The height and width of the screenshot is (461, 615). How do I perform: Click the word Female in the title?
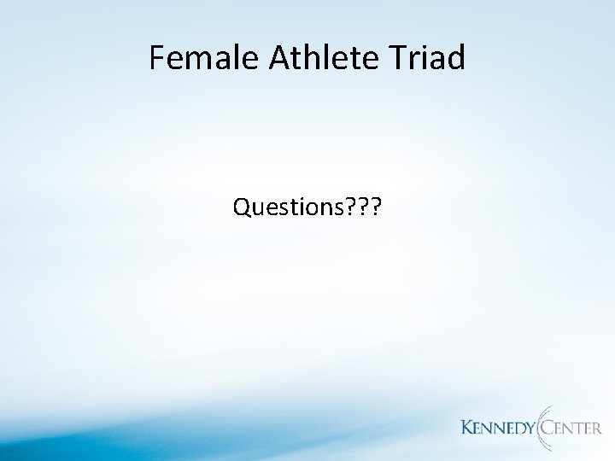(x=199, y=58)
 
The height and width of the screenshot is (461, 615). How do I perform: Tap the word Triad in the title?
(x=430, y=58)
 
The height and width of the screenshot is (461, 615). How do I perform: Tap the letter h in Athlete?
(x=312, y=58)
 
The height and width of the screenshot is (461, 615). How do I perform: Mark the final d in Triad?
(x=456, y=58)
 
